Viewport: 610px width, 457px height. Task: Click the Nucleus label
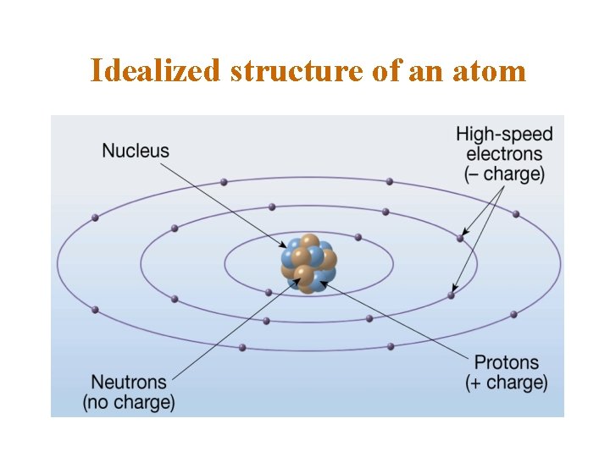(136, 151)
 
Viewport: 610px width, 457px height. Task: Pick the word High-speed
(504, 134)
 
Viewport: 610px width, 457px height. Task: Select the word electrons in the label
(504, 154)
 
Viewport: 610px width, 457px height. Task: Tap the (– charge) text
(504, 175)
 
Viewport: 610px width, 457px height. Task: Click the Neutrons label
(129, 382)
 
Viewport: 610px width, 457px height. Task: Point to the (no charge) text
(129, 402)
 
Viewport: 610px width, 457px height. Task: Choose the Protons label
(507, 362)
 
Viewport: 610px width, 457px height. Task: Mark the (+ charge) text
(507, 383)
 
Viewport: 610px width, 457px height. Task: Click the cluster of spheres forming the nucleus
(308, 263)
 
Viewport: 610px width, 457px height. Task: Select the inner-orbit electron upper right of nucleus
(358, 237)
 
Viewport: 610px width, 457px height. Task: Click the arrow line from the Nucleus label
(220, 200)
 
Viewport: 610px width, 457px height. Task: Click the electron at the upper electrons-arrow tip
(461, 239)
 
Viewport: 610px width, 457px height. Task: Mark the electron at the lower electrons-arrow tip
(452, 295)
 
